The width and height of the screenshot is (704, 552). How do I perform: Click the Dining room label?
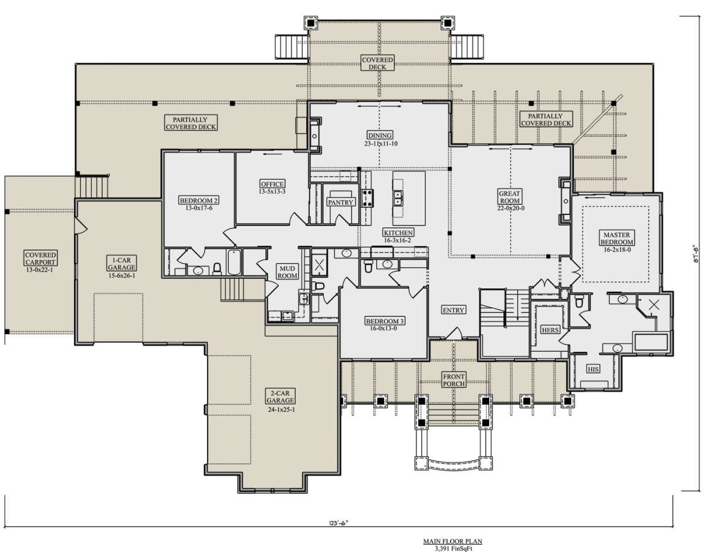click(x=380, y=135)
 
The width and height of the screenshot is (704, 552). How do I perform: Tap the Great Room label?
click(x=509, y=197)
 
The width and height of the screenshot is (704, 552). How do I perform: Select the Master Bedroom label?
click(x=617, y=238)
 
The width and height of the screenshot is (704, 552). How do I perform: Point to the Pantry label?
click(x=340, y=202)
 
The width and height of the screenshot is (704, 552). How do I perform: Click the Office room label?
click(x=272, y=184)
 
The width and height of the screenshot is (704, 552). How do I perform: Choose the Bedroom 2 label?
click(x=199, y=201)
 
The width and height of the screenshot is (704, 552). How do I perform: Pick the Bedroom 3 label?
click(x=384, y=321)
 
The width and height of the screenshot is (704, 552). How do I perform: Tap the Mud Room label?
click(x=287, y=272)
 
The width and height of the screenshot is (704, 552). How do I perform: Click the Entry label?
click(x=453, y=310)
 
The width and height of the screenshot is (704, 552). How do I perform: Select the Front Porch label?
click(x=453, y=380)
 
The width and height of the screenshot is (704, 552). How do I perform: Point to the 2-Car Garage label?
click(x=280, y=396)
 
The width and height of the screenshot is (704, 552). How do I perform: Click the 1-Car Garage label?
click(x=121, y=264)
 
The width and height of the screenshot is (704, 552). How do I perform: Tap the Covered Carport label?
click(x=40, y=258)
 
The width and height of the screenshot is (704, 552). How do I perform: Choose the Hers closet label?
click(x=550, y=329)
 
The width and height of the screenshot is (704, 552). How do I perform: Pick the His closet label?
click(x=593, y=369)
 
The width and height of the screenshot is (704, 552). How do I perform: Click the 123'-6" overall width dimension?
click(x=338, y=523)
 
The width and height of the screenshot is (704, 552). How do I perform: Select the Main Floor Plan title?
click(x=452, y=541)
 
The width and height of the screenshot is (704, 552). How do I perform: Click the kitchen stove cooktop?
click(x=368, y=198)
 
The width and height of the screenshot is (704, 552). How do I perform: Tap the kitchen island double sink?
click(x=398, y=198)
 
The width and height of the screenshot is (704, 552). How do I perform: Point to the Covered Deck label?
click(x=377, y=63)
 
